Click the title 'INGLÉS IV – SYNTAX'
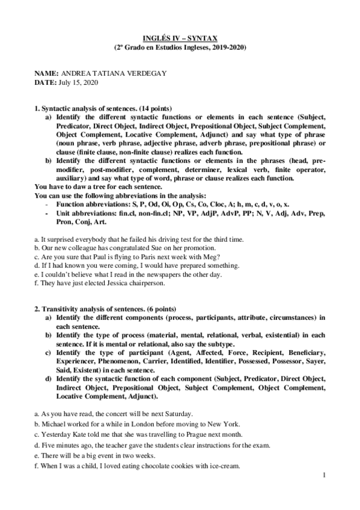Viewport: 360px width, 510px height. (180, 37)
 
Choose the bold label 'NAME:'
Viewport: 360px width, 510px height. (47, 73)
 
